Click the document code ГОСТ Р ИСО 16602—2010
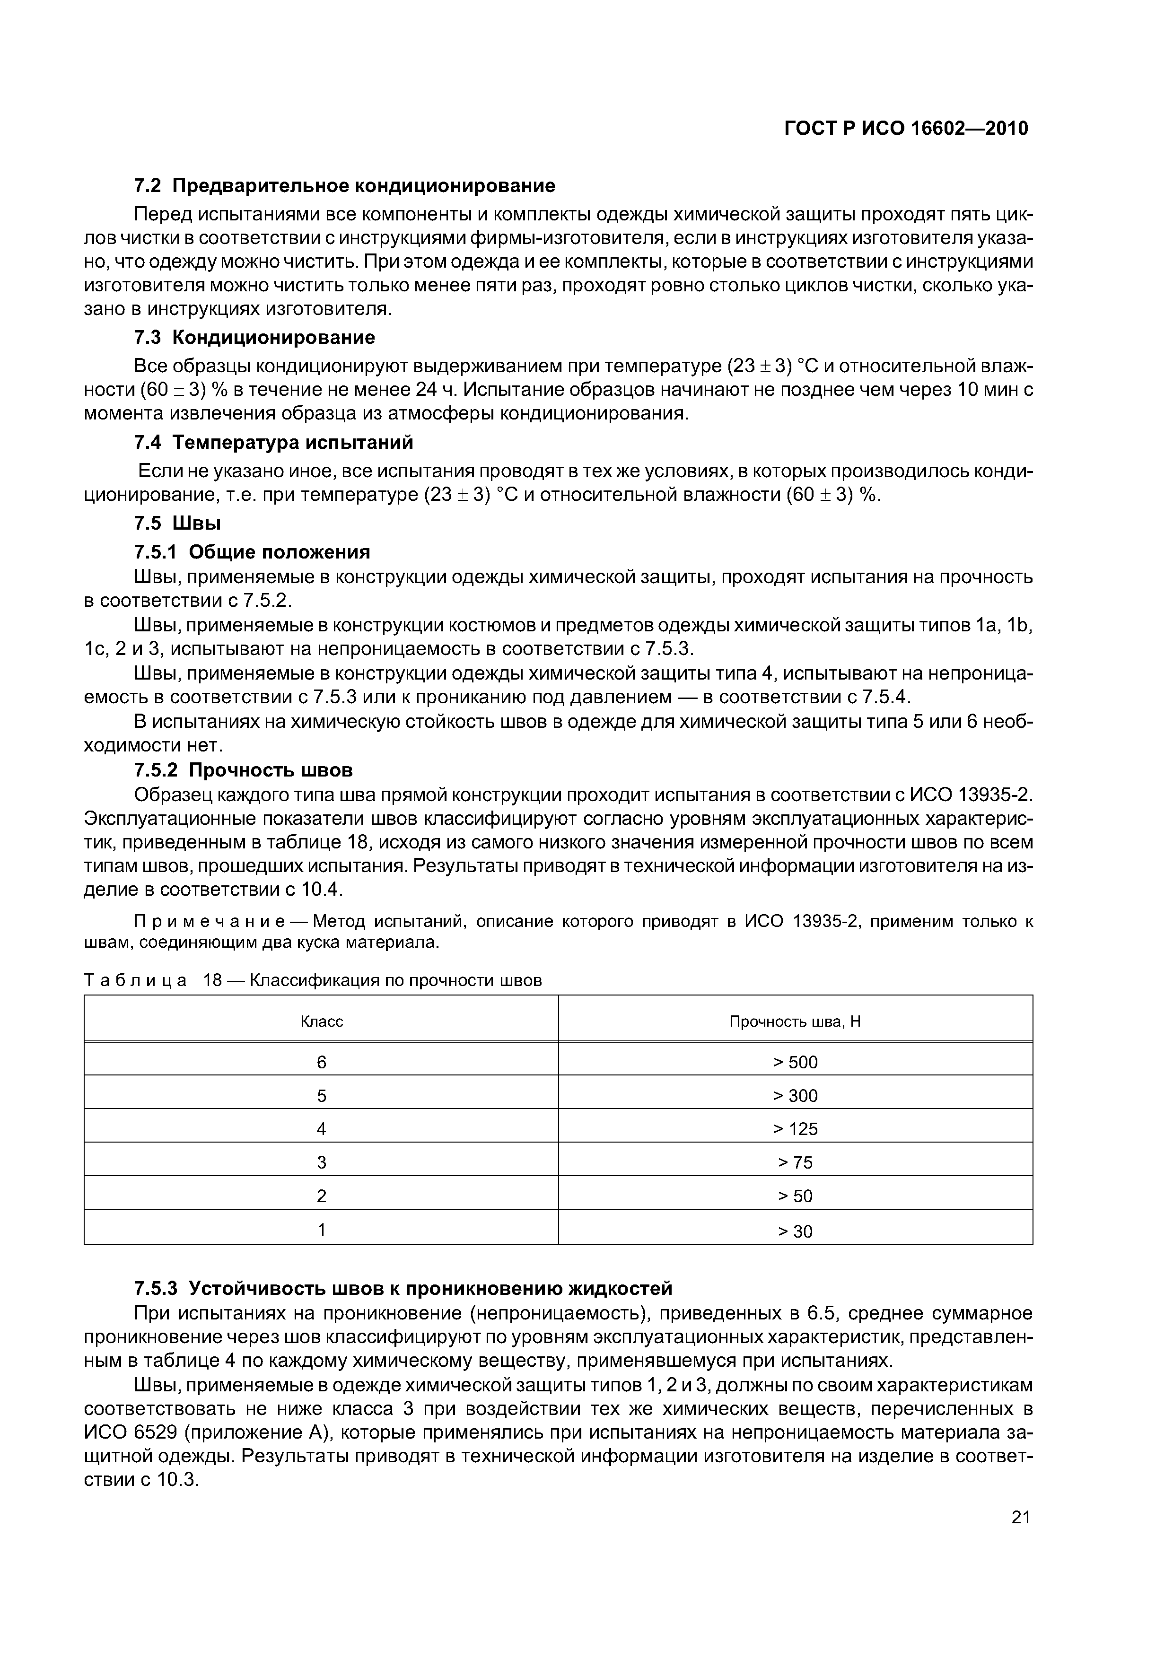click(906, 129)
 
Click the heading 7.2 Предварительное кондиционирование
click(345, 186)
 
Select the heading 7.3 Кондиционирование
click(254, 338)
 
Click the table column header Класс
click(322, 1022)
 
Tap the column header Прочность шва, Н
click(795, 1022)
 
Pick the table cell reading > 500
click(795, 1062)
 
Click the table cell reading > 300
click(795, 1096)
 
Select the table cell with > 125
click(795, 1129)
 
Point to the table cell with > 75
click(795, 1162)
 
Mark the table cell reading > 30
click(795, 1231)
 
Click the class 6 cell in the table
click(322, 1062)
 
